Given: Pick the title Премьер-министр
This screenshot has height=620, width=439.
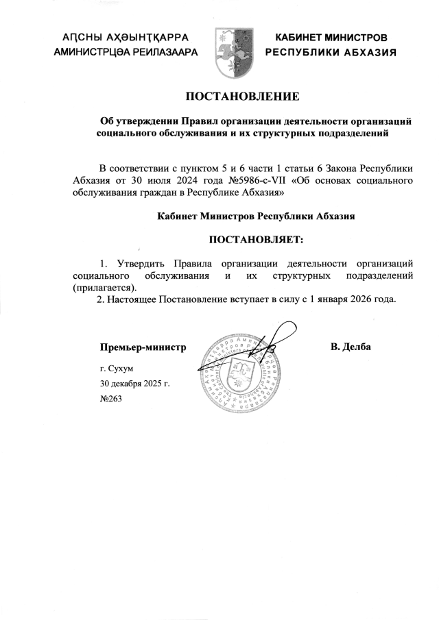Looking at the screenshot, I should [x=143, y=347].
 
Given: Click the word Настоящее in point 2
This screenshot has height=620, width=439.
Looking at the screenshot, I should [x=134, y=299].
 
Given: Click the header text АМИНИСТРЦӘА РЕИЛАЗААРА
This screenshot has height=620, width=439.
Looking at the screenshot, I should [x=125, y=52].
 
